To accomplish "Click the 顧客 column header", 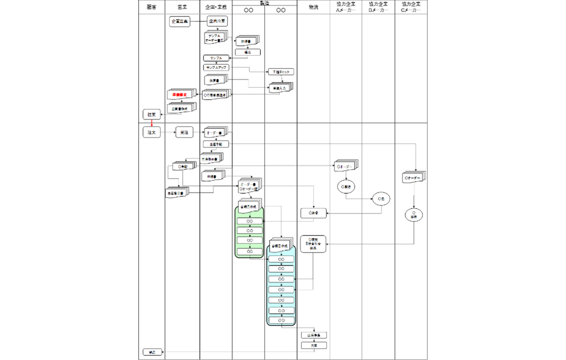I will tap(151, 8).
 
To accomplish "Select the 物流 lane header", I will tap(313, 8).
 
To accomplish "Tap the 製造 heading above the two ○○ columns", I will tap(264, 3).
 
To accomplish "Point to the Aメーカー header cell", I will tap(346, 8).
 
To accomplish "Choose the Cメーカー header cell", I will tap(411, 8).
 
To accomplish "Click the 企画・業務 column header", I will tap(216, 8).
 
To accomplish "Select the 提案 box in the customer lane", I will tap(151, 114).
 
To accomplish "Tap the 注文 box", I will tap(151, 133).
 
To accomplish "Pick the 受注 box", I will tap(184, 133).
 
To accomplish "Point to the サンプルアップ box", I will tap(216, 68).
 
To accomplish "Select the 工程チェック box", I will tap(282, 72).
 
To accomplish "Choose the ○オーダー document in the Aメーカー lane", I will tap(346, 167).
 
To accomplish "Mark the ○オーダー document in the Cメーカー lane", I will tap(414, 178).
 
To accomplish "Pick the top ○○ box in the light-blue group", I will tap(281, 260).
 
